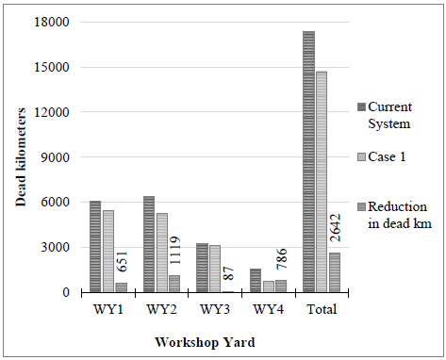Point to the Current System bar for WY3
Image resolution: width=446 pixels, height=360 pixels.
tap(201, 268)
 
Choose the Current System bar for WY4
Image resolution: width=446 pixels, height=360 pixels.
tap(255, 281)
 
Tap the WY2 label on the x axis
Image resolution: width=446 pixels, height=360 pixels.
tap(161, 308)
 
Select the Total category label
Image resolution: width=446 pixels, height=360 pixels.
tap(322, 308)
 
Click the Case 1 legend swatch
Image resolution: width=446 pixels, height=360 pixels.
tap(359, 155)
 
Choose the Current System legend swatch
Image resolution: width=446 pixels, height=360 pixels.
tap(359, 106)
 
